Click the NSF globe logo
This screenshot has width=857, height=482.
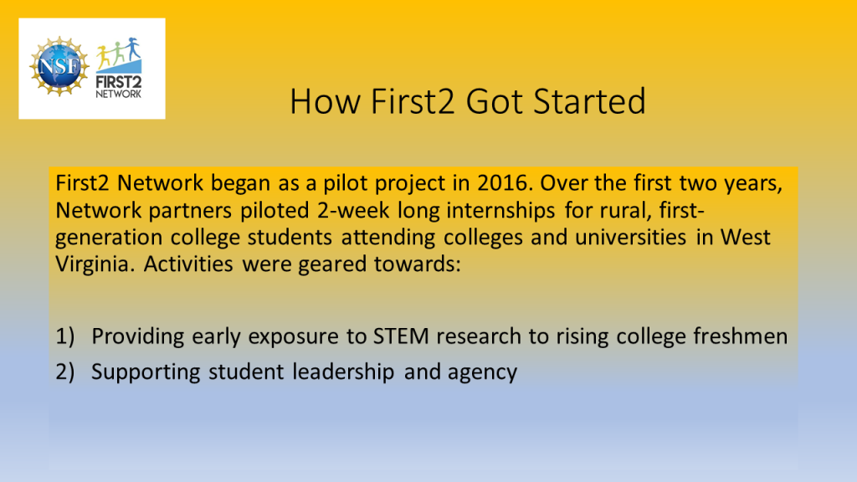(59, 66)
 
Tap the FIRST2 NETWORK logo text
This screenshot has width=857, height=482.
(119, 87)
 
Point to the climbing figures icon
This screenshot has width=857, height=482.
(119, 54)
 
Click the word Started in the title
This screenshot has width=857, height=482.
(589, 101)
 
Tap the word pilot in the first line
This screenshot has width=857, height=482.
(345, 183)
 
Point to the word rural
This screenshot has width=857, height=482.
(626, 210)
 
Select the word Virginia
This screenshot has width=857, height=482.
(91, 264)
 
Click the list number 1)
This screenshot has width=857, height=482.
(64, 336)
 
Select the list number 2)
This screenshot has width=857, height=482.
(64, 372)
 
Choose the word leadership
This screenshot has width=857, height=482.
(342, 372)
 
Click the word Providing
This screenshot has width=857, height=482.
(138, 336)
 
